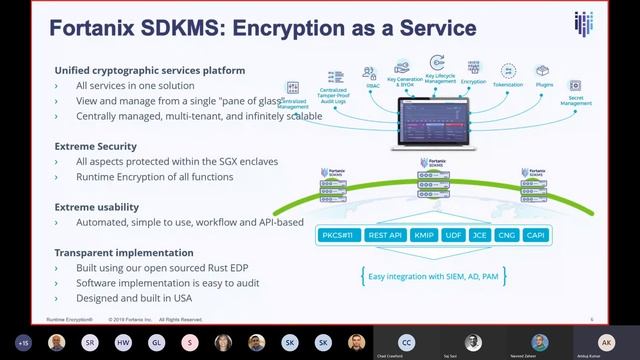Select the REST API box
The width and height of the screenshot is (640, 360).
[x=386, y=236]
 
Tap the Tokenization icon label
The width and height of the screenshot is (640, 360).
[x=509, y=85]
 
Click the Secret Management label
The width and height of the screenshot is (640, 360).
[x=575, y=99]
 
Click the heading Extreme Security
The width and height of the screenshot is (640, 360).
[x=95, y=146]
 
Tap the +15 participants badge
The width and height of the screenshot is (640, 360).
[x=25, y=342]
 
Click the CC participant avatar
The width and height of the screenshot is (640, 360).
[x=406, y=341]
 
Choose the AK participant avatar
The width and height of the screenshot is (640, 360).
[x=605, y=341]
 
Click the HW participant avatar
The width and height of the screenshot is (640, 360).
[x=122, y=342]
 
